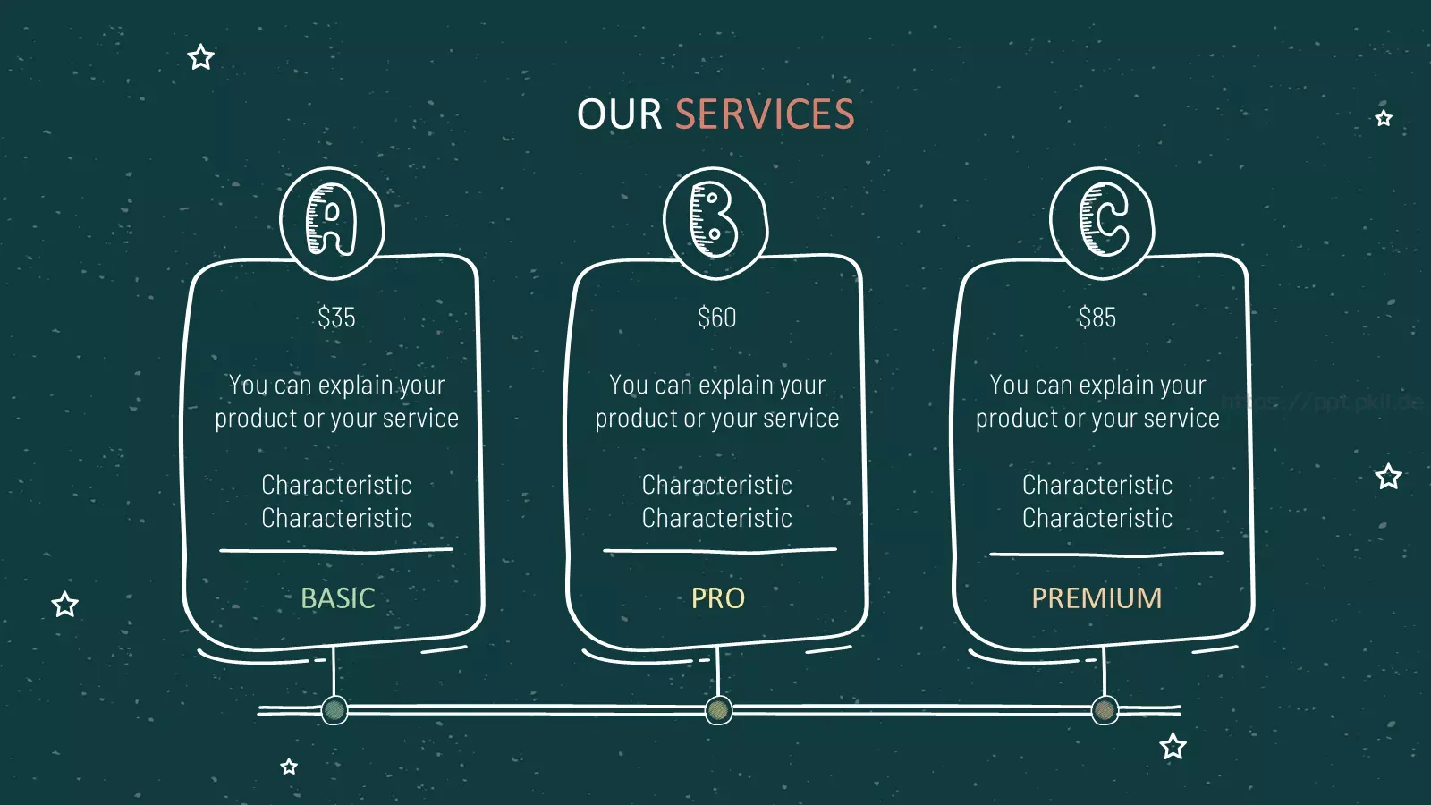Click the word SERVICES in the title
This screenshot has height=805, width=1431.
(765, 114)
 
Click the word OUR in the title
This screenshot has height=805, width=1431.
(619, 114)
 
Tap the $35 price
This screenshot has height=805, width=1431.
(336, 318)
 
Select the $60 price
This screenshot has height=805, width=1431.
(716, 318)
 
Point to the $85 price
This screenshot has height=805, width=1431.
(1097, 318)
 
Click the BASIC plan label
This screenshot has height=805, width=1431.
(338, 598)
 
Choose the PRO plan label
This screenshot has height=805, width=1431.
(718, 598)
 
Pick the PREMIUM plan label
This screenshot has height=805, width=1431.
(1097, 598)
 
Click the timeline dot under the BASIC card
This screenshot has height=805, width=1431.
(334, 710)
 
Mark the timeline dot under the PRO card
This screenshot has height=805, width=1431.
(719, 710)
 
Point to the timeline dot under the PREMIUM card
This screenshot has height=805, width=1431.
(1105, 710)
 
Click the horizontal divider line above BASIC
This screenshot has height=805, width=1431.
(336, 550)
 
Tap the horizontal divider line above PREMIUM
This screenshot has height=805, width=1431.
(1106, 554)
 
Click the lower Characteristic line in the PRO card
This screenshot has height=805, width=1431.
(716, 518)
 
